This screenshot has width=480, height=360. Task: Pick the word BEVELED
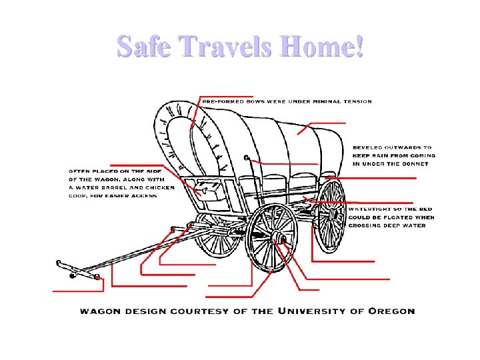click(x=369, y=147)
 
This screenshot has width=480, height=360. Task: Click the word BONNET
click(x=419, y=163)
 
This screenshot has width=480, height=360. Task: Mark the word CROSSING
click(x=367, y=225)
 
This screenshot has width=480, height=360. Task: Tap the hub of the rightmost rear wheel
click(x=331, y=215)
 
